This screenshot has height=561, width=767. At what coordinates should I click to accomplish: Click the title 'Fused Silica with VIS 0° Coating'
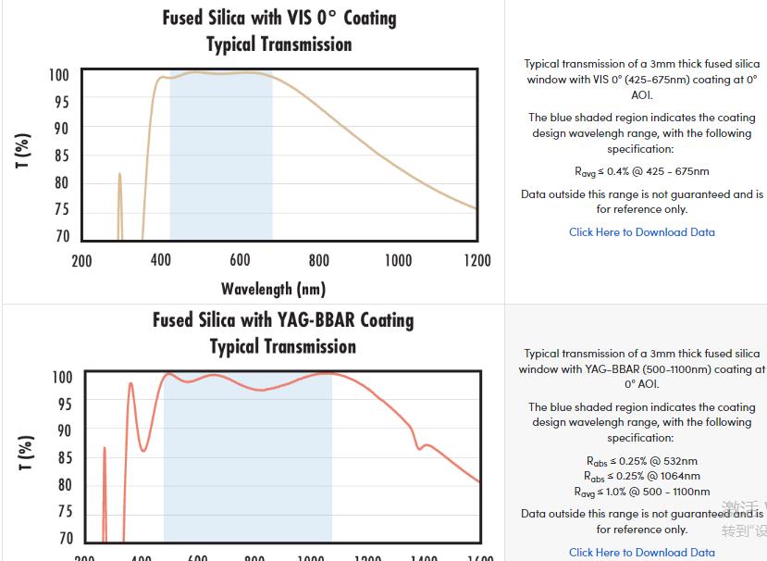coord(279,19)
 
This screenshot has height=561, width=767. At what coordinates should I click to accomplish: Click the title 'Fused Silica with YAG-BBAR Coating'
coord(283,320)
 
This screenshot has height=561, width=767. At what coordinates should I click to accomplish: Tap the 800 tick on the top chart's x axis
coord(319,261)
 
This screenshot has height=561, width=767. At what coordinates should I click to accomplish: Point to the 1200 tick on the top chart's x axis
coord(477,261)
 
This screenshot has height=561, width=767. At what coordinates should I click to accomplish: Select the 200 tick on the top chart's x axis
coord(81,261)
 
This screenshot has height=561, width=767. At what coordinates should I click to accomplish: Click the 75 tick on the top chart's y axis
coord(62,209)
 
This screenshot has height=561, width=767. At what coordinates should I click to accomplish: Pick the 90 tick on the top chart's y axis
coord(62,129)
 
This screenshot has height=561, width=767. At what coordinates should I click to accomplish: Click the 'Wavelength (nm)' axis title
coord(273,289)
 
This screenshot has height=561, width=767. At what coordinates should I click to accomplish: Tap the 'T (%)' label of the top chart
coord(24,151)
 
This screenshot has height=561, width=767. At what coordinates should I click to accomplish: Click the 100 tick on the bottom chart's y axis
coord(62,378)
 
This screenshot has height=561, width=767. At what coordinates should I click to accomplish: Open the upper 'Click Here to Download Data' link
coord(641,232)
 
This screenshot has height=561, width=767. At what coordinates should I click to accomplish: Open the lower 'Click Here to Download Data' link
coord(641,553)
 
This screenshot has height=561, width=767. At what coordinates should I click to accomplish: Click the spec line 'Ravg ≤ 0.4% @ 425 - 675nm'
coord(641,171)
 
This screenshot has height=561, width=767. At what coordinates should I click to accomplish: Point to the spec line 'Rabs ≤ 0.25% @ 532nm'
coord(641,461)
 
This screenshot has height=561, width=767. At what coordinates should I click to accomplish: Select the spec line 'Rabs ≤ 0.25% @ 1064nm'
coord(641,477)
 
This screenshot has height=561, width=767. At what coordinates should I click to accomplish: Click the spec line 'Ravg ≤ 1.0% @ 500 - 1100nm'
coord(641,492)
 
